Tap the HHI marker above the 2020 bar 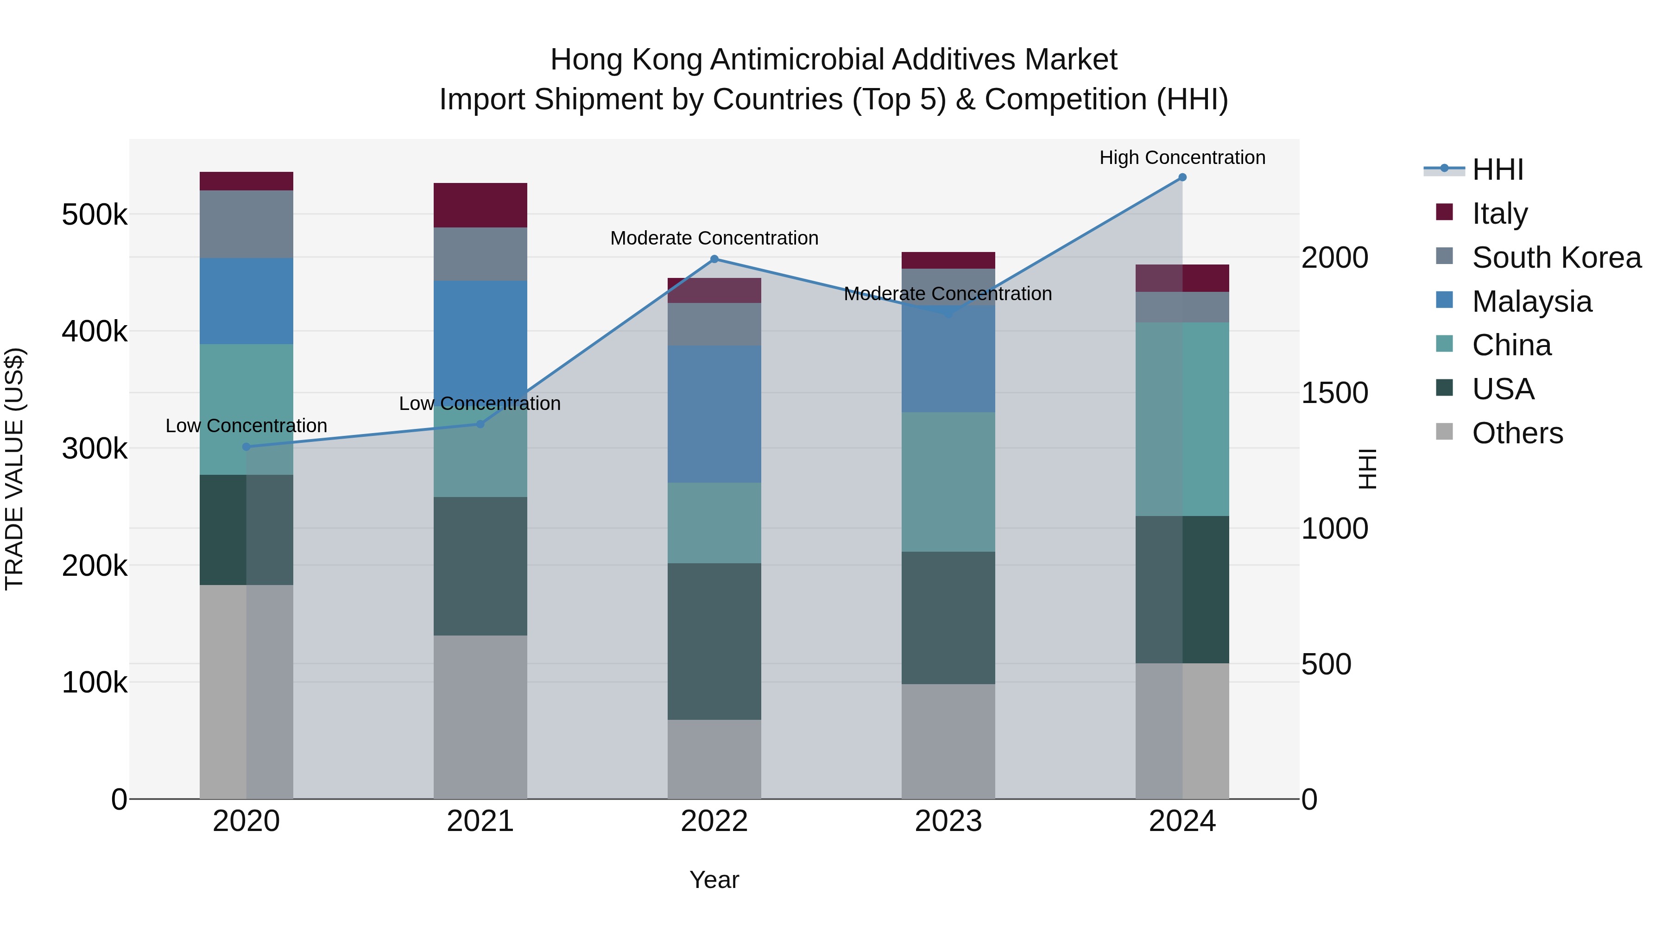pos(246,447)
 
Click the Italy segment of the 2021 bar pos(480,205)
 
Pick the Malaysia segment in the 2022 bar pos(714,414)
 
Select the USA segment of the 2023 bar pos(948,618)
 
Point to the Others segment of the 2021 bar pos(480,717)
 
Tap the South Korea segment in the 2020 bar pos(246,225)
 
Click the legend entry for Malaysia pos(1531,302)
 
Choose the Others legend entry pos(1517,433)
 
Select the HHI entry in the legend pos(1497,170)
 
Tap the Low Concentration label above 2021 pos(480,403)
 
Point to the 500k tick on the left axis pos(95,214)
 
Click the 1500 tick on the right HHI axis pos(1334,393)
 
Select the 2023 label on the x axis pos(948,821)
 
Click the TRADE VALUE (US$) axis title pos(15,469)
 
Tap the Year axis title pos(714,880)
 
